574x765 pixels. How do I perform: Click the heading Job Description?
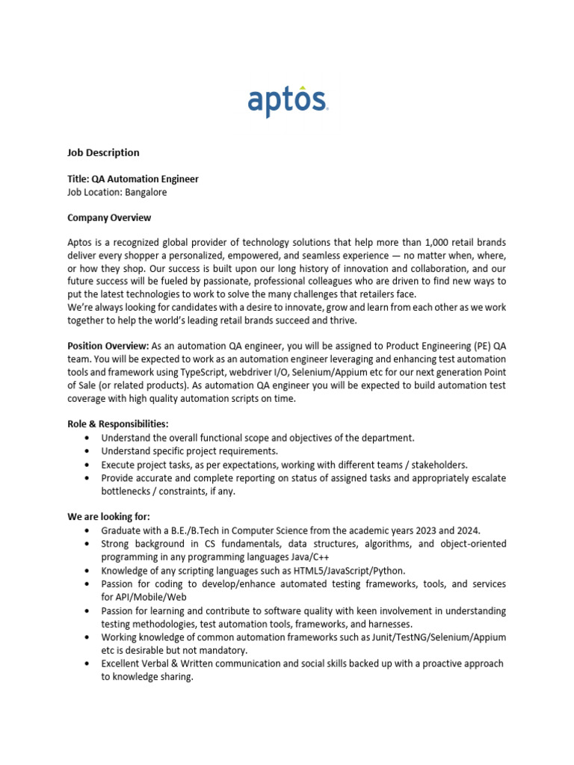click(103, 152)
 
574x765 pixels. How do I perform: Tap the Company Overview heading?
click(109, 217)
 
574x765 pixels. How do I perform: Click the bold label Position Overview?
click(108, 346)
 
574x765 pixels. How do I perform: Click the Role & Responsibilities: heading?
click(118, 424)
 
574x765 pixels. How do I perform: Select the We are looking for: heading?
click(109, 516)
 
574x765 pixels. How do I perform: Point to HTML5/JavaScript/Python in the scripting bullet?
click(333, 571)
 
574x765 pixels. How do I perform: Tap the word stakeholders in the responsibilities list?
click(436, 465)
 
